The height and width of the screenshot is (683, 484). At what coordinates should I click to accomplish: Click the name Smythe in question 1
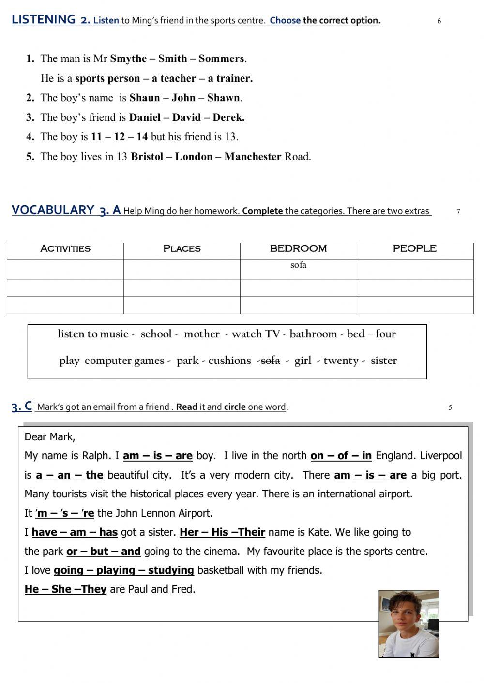128,58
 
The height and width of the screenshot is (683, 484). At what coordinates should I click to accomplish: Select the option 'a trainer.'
230,78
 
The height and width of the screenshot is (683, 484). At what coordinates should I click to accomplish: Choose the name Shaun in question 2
144,98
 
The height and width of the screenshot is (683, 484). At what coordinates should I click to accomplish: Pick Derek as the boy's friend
228,117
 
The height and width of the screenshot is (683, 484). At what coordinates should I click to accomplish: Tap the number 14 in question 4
142,137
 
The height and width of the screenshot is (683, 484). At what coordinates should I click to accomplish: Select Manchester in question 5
253,157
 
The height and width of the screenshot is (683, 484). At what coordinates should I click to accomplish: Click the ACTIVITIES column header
65,249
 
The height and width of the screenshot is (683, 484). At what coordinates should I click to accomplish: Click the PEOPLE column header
414,249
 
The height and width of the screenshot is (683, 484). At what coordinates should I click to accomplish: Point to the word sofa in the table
298,265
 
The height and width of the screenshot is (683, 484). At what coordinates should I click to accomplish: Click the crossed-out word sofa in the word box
271,361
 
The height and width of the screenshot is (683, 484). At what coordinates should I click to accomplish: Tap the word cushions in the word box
229,361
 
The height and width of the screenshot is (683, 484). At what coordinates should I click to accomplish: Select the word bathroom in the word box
313,334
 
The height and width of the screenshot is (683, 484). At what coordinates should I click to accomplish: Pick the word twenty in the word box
341,361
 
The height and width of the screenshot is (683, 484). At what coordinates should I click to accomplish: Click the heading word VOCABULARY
53,210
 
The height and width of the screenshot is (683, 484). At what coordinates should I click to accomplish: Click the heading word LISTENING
44,19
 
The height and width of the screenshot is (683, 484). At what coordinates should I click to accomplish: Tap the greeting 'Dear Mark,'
50,437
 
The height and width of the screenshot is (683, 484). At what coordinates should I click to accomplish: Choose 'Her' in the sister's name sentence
189,532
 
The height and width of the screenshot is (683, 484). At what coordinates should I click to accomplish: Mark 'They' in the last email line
94,589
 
